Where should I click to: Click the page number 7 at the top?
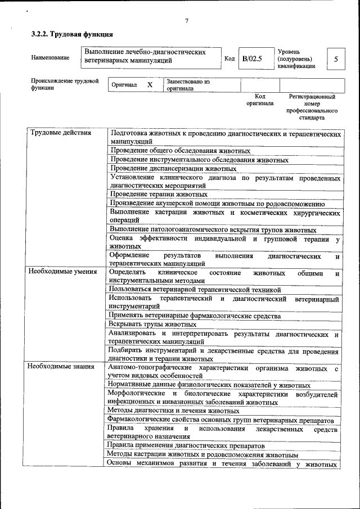coord(186,21)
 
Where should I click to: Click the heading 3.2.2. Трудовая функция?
coord(67,35)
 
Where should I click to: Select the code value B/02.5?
coord(252,58)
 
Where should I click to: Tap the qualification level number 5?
coord(336,59)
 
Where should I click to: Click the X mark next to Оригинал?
coord(150,85)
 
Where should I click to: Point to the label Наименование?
coord(51,58)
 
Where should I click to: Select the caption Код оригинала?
coord(259,100)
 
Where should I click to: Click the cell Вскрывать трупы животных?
coord(152,325)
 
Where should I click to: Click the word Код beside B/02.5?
coord(229,58)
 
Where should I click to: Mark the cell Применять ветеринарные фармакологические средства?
coord(195,316)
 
